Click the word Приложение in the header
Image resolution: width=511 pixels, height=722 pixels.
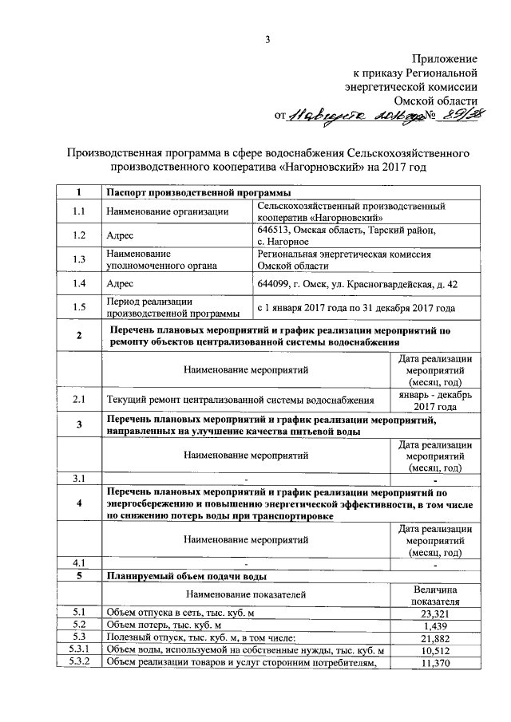click(x=445, y=60)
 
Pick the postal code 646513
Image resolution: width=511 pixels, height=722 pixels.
click(x=275, y=230)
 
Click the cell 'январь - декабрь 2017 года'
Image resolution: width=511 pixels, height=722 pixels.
click(x=434, y=400)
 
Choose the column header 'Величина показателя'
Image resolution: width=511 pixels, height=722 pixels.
click(x=435, y=594)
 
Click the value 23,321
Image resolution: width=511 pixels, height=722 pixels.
click(x=435, y=613)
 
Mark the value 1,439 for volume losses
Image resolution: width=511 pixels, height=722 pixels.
click(x=435, y=625)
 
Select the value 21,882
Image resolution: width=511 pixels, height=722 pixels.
click(x=435, y=638)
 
